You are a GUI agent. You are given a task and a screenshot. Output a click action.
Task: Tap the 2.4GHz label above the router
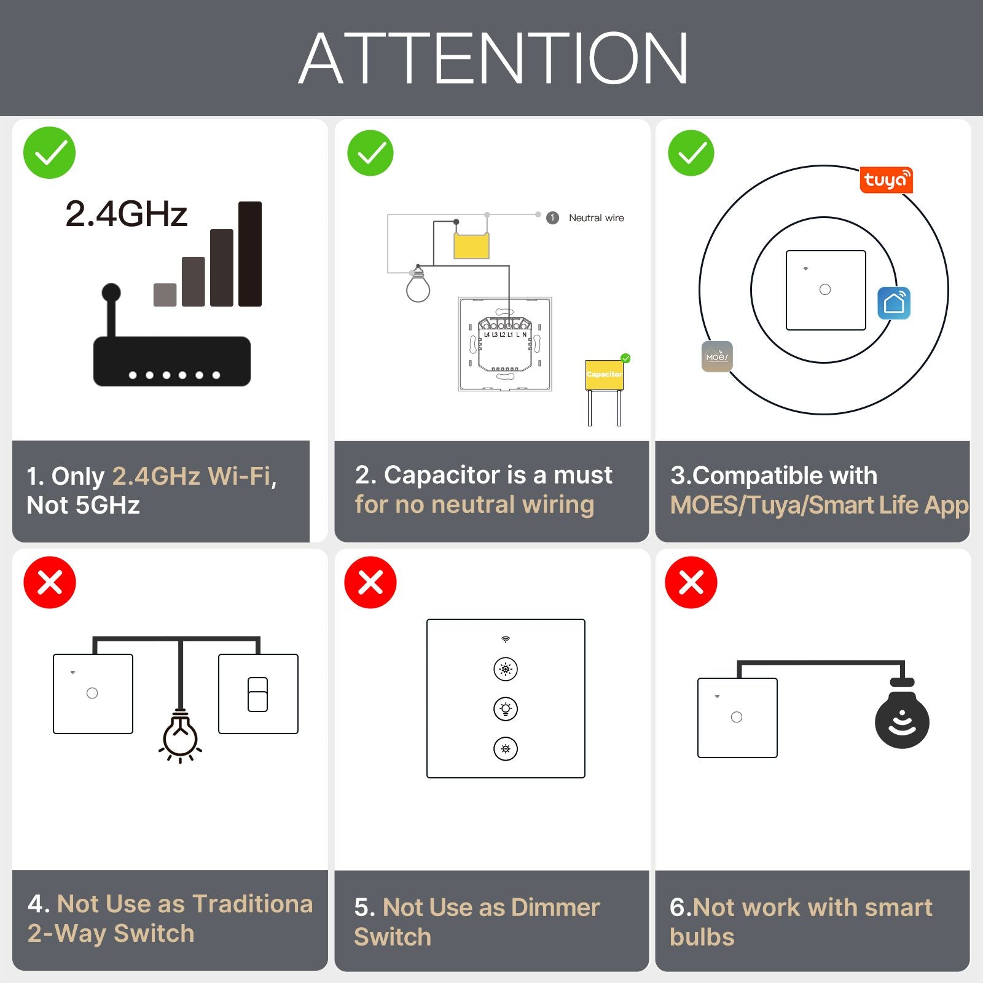tap(126, 214)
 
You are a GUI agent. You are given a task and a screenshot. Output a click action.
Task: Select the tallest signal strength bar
tap(250, 254)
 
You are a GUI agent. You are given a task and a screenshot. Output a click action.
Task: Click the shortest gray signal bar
tap(165, 294)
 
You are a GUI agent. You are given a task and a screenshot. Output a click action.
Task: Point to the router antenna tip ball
tap(111, 292)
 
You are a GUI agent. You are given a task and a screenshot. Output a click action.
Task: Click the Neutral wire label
tap(596, 218)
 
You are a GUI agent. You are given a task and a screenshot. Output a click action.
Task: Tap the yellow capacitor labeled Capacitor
tap(604, 375)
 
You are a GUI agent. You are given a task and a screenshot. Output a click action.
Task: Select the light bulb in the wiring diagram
tap(418, 287)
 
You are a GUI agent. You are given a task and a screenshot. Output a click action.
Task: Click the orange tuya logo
tap(885, 180)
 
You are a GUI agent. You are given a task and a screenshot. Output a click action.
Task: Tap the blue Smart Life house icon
tap(893, 303)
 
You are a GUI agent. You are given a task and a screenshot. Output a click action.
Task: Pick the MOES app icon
tap(717, 356)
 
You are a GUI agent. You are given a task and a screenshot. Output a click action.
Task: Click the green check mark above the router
tap(49, 153)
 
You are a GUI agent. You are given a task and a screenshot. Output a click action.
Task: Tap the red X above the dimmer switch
tap(370, 582)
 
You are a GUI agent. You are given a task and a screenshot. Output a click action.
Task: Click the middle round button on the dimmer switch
tap(506, 709)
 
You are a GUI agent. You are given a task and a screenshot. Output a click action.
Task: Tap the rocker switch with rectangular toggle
tap(258, 694)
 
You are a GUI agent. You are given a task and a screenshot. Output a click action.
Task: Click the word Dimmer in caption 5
tap(555, 907)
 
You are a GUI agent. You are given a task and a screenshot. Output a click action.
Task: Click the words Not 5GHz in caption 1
tap(84, 505)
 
